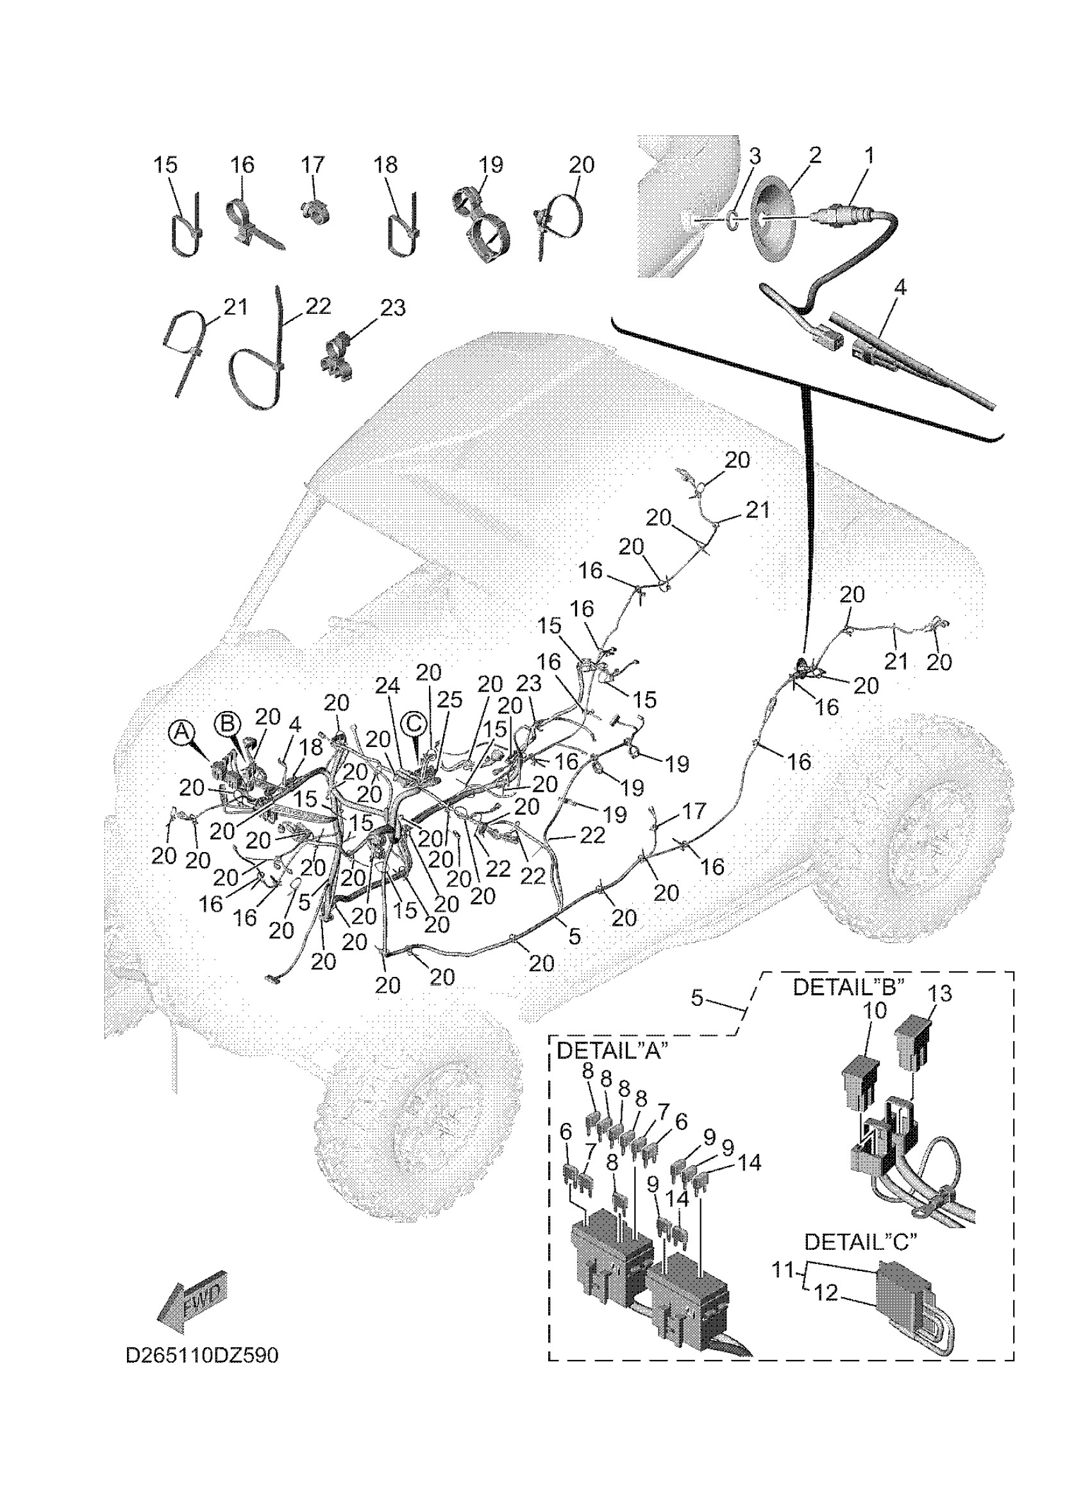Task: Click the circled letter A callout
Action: coord(181,732)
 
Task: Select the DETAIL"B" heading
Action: coord(848,987)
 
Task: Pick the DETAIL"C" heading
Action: coord(860,1242)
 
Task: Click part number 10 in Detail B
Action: coord(874,1028)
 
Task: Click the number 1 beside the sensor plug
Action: coord(869,156)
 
